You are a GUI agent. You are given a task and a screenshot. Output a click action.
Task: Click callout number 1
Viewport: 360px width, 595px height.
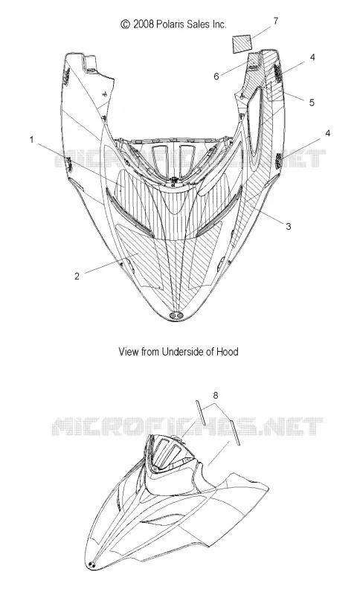(32, 140)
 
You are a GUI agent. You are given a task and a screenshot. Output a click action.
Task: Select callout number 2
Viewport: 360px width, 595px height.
(77, 276)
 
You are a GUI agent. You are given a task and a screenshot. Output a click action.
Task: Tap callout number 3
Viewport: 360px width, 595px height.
(289, 226)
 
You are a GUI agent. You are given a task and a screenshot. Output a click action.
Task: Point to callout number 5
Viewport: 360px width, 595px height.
(312, 103)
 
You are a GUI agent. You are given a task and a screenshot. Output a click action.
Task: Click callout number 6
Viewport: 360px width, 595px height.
(216, 77)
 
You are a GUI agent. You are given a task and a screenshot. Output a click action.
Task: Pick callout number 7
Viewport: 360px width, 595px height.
(276, 21)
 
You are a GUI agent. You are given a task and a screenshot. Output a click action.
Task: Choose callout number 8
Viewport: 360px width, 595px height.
(216, 396)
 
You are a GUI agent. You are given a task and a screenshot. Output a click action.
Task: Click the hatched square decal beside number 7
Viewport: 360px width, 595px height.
(242, 43)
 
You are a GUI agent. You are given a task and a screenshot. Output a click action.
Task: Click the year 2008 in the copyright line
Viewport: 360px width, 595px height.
(144, 25)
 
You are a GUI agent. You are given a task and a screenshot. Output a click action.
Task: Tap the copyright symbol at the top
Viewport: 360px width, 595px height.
(126, 25)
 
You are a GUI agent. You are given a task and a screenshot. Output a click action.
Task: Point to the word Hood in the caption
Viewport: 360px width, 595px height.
(227, 352)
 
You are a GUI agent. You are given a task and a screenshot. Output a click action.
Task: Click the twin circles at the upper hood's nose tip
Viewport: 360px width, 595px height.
(178, 315)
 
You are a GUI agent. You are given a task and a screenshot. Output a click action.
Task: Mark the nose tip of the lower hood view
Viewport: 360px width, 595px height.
(91, 565)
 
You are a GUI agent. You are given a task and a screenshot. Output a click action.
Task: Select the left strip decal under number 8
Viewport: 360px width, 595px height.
(201, 412)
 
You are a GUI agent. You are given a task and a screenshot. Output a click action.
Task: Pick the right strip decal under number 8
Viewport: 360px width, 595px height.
(235, 434)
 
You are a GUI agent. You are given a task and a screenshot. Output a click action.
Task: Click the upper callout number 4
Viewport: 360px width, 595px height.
(312, 57)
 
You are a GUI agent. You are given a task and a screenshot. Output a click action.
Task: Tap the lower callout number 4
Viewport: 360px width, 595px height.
(327, 133)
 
